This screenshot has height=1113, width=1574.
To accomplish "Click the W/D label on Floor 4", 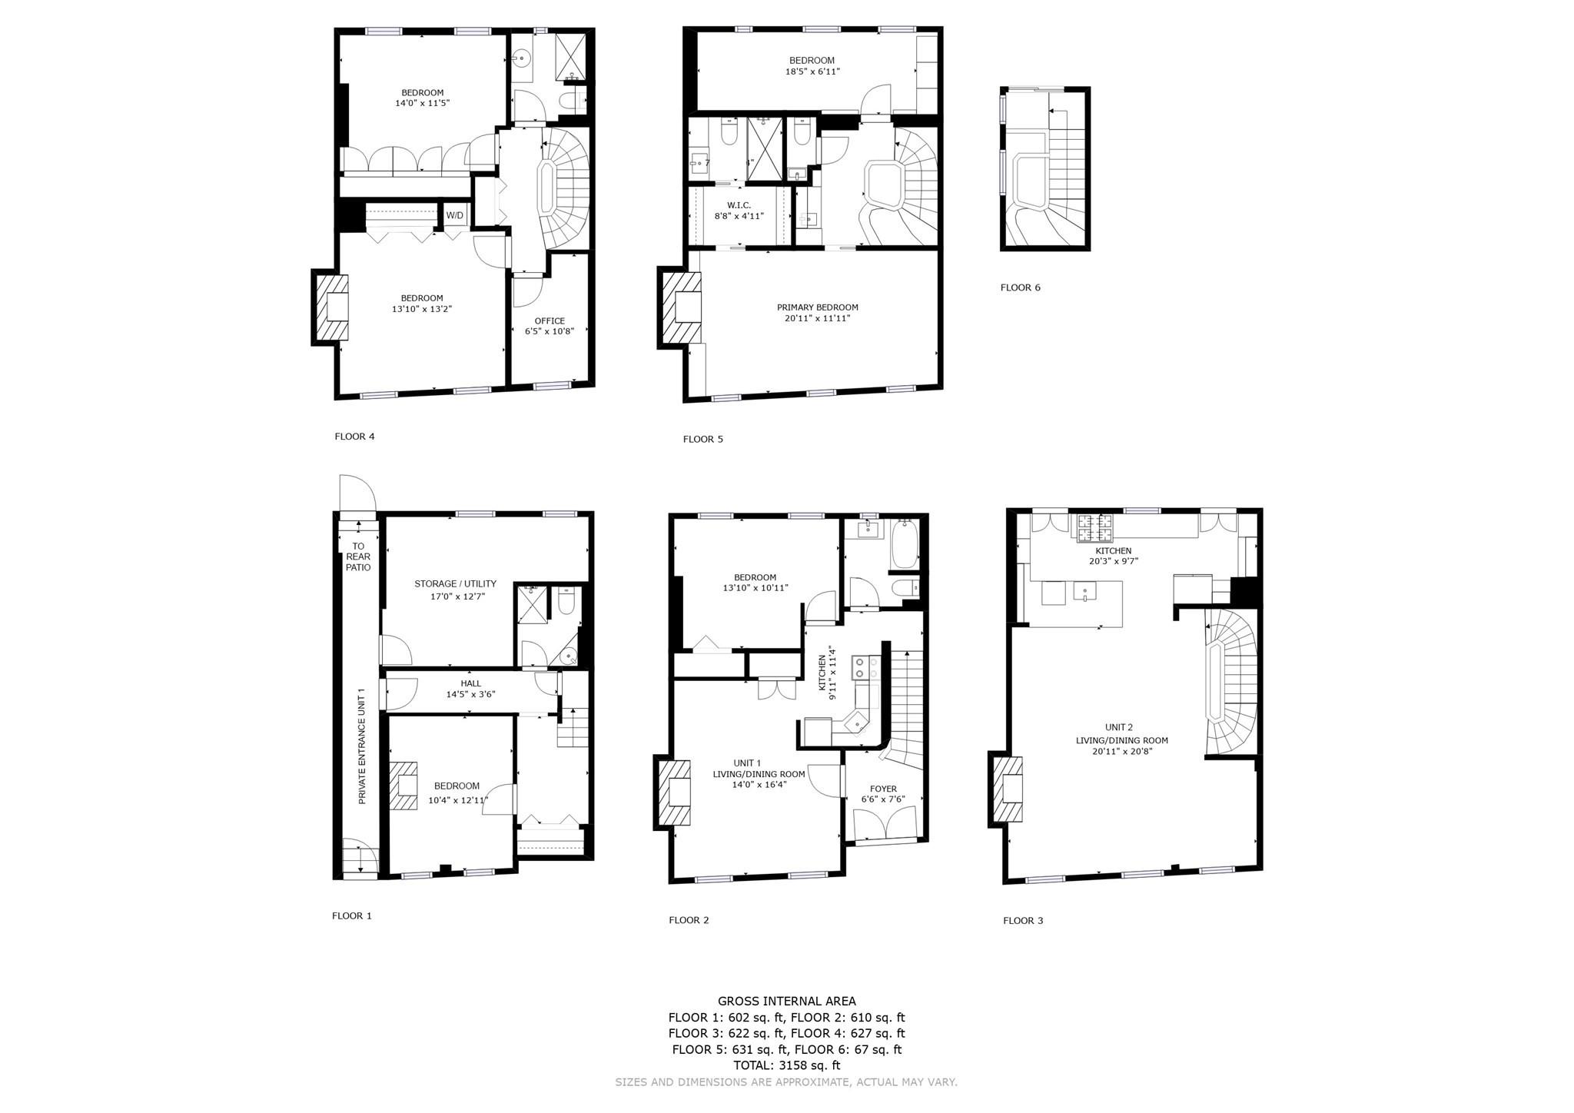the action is (455, 215).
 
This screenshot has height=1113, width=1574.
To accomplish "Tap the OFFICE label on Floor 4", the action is (550, 321).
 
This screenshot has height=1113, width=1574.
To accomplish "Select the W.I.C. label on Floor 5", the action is (739, 205).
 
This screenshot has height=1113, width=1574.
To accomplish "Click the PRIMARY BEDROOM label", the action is (818, 307).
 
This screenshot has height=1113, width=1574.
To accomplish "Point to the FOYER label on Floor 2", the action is (883, 789).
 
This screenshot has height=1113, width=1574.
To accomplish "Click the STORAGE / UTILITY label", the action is (455, 583).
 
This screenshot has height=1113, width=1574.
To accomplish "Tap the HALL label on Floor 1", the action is (471, 683).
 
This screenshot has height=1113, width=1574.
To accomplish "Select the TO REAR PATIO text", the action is (358, 556).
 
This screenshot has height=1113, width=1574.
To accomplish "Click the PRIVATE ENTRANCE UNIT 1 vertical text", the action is (362, 746).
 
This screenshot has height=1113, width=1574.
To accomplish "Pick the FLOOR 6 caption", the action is (1020, 287).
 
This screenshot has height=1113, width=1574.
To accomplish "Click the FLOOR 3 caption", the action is (1023, 920).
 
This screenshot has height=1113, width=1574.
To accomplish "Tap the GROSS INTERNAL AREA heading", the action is (786, 1001).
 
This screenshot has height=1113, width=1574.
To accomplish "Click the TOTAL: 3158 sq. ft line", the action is (786, 1065).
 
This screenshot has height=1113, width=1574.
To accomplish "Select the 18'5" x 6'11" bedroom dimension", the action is (812, 71).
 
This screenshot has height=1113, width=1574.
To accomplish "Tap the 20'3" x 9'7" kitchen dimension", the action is (1113, 561).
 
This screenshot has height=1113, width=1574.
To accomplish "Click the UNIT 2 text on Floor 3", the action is (1119, 727).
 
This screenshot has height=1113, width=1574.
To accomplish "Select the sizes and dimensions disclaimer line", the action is (786, 1082).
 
